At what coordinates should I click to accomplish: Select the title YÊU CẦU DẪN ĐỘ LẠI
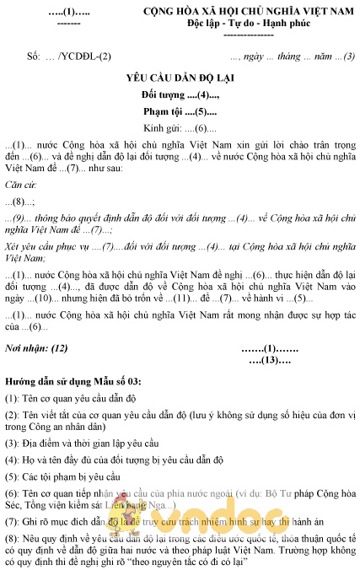pyautogui.click(x=180, y=77)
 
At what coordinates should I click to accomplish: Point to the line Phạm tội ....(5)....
pyautogui.click(x=180, y=111)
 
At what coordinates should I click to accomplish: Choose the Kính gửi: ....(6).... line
pyautogui.click(x=180, y=128)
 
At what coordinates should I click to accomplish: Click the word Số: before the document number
pyautogui.click(x=34, y=56)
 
